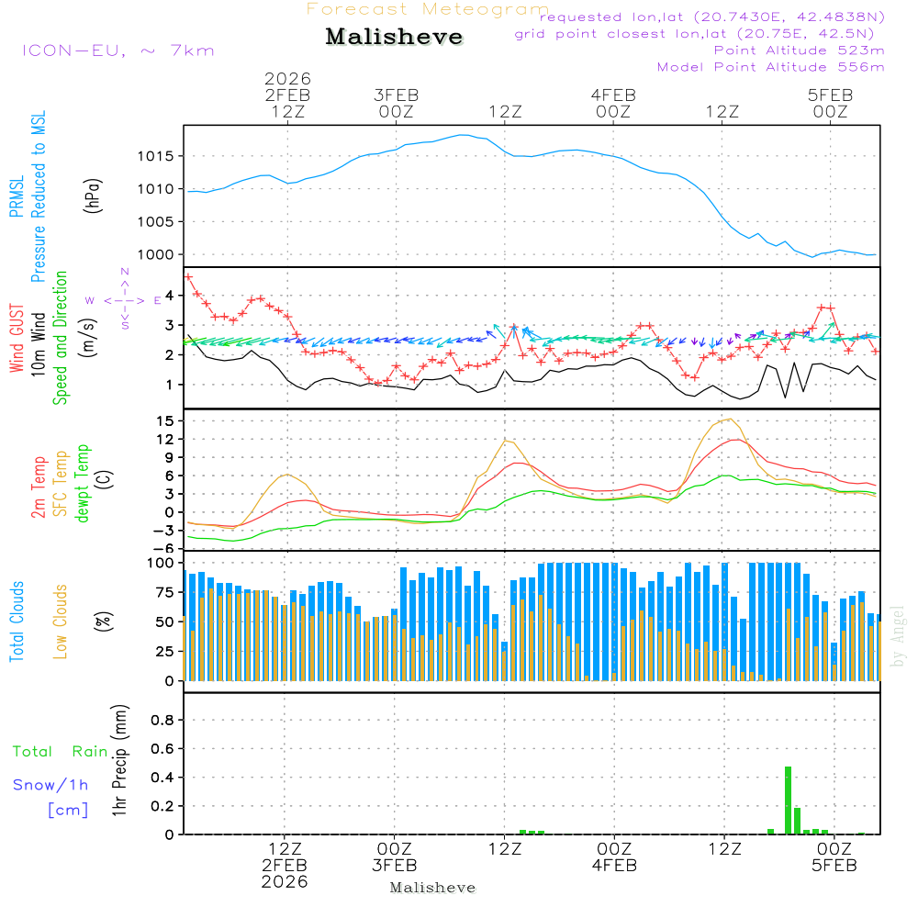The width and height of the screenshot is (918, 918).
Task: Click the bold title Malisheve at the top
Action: click(x=394, y=37)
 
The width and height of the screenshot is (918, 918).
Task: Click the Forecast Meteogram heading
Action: click(x=428, y=9)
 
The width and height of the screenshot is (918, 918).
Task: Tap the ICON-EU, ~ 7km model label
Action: click(x=118, y=50)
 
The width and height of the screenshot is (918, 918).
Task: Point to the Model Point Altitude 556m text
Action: click(x=770, y=67)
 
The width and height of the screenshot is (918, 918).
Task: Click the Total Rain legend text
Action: click(x=61, y=752)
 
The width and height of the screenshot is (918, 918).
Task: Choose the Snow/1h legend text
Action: click(x=51, y=786)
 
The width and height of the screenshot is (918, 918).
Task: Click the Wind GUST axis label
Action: click(x=17, y=340)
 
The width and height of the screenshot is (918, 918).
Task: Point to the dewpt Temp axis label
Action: click(x=83, y=484)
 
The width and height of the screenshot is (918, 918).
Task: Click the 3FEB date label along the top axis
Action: click(x=397, y=95)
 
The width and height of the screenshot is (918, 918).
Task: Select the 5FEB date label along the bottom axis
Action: click(x=834, y=866)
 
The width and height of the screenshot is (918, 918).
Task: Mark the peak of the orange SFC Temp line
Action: click(x=729, y=419)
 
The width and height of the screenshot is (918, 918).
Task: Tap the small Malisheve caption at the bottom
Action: click(x=432, y=888)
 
